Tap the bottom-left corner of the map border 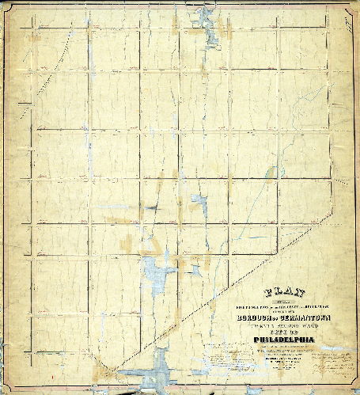pos(9,386)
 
